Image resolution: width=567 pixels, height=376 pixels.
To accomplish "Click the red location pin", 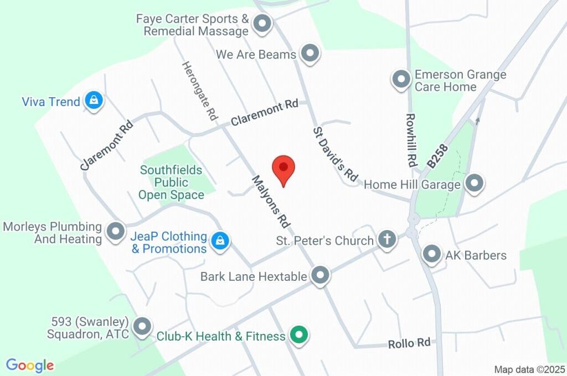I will tap(283, 169).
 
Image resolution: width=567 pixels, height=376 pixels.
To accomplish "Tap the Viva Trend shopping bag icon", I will tap(94, 101).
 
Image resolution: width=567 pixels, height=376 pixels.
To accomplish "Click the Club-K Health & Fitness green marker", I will tap(300, 335).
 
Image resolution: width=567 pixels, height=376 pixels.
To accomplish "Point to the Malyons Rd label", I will tap(271, 202).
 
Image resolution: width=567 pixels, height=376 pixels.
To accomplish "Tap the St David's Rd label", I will tap(336, 154).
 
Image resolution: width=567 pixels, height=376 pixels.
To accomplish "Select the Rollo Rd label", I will tap(409, 343).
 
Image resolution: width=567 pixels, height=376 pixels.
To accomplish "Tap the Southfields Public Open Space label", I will tap(171, 182).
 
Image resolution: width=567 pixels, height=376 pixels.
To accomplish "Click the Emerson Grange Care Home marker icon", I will tap(400, 80).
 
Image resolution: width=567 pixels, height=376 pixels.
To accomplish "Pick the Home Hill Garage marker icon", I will tap(474, 184).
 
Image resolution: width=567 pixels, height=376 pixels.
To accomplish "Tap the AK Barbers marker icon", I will tap(431, 255).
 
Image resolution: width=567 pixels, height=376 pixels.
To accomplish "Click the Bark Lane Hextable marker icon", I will tap(320, 276).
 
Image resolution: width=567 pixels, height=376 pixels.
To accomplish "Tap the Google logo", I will tap(30, 365).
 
